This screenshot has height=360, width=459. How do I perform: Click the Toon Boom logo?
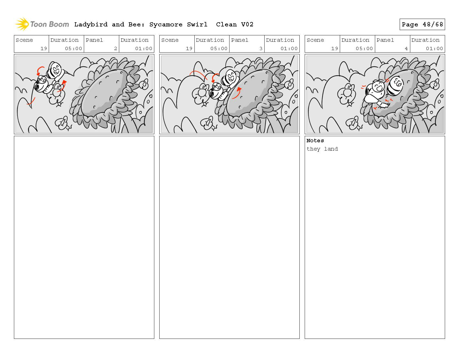point(42,24)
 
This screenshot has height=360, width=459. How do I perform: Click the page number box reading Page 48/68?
point(422,25)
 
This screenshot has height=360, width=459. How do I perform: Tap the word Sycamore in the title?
point(166,25)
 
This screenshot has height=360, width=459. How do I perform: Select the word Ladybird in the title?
point(91,25)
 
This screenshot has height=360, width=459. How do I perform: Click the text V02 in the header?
point(247,25)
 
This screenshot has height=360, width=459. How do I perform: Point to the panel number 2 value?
point(116,48)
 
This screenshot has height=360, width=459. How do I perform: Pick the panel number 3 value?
point(261,48)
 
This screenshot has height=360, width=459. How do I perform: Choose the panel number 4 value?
point(406,48)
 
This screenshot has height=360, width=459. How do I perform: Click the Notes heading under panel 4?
point(315,141)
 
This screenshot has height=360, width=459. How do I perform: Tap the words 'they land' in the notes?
point(322,149)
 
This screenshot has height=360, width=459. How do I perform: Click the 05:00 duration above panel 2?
point(73,48)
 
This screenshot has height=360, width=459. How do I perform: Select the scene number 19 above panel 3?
point(189,48)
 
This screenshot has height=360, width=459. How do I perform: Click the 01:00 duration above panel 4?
point(434,48)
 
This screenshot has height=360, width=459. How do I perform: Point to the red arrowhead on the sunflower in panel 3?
point(239,89)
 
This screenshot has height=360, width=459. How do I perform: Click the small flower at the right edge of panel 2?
point(144,84)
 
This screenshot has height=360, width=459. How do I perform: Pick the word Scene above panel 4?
point(315,40)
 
